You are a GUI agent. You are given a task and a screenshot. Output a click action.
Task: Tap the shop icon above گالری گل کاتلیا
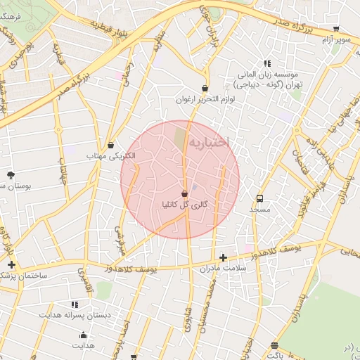click(x=184, y=193)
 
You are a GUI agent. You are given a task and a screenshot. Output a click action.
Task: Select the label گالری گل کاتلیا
click(x=184, y=205)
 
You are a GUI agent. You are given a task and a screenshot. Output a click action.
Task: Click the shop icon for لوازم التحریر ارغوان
click(x=204, y=89)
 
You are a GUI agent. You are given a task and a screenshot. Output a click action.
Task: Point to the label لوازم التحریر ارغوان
click(x=204, y=100)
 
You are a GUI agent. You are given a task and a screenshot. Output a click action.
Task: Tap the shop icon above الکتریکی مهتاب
click(x=110, y=146)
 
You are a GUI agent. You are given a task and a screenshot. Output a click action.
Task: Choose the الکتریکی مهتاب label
click(x=110, y=156)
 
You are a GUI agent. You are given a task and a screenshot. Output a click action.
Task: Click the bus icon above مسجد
click(x=260, y=199)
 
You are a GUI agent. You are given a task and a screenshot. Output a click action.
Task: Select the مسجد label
click(x=259, y=210)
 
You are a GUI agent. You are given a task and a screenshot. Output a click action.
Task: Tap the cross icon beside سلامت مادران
click(x=224, y=257)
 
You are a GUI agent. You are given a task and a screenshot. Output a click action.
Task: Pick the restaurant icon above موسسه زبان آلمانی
click(x=266, y=63)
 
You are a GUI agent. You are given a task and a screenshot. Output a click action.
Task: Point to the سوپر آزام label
click(x=335, y=41)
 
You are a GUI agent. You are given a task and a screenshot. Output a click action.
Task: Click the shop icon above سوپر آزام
click(x=336, y=30)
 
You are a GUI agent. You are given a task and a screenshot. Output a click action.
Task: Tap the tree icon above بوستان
click(x=10, y=174)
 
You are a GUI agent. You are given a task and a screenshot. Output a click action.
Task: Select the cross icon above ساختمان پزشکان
click(x=11, y=265)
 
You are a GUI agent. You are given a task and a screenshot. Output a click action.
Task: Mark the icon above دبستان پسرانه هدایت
click(x=74, y=304)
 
